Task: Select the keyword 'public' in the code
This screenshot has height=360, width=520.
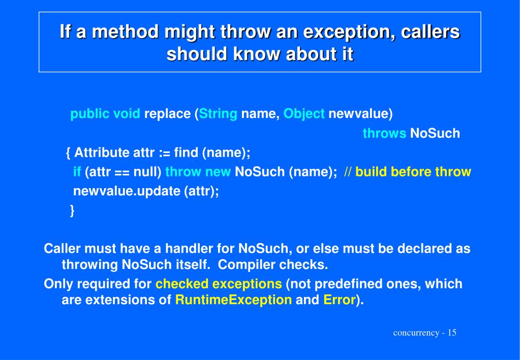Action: pos(90,114)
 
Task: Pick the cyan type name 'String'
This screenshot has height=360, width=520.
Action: pos(218,114)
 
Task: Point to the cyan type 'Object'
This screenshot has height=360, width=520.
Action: pos(304,114)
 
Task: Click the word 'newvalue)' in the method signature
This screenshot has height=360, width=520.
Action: pos(360,114)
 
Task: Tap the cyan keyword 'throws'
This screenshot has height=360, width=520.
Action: pos(384,134)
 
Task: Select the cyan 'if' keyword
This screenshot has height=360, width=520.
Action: pos(77,172)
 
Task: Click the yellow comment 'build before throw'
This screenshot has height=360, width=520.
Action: pos(413,172)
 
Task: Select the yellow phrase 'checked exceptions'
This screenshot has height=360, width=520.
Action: pos(219,284)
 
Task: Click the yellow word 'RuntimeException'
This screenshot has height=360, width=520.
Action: pos(233,300)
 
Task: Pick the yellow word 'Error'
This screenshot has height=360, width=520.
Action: pos(339,300)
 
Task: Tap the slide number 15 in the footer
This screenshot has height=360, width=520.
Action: pos(452,333)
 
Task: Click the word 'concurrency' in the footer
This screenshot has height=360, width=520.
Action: pos(416,333)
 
